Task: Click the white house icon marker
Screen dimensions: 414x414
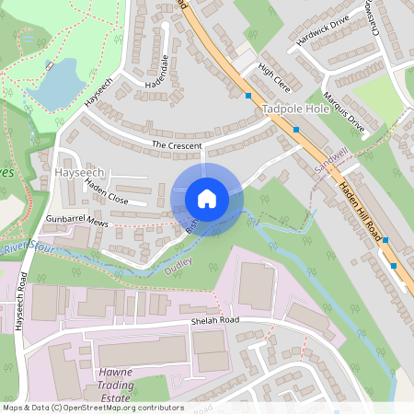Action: click(x=207, y=198)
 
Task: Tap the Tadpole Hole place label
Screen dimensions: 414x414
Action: click(x=294, y=109)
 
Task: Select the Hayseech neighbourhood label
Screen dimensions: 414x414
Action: click(x=82, y=172)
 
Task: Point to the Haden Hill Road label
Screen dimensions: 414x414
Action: click(x=360, y=212)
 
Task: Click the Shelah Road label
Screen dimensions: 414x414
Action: click(x=215, y=320)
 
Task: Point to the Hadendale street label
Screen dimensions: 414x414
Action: click(x=155, y=72)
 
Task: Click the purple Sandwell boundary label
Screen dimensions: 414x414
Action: click(x=332, y=163)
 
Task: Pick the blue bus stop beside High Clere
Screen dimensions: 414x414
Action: click(x=248, y=95)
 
